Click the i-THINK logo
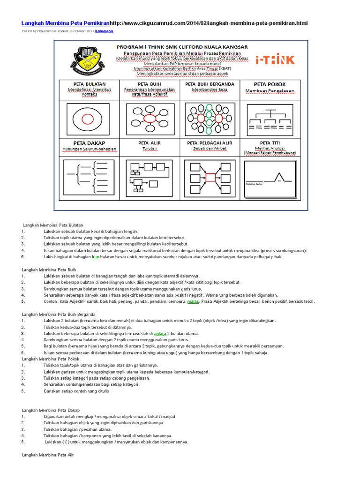[275, 60]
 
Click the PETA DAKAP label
[89, 142]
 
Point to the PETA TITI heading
[270, 142]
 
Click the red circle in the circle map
[89, 117]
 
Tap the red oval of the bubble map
[150, 117]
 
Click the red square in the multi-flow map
[210, 177]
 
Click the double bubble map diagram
[210, 118]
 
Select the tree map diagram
[270, 120]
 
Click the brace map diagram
[90, 177]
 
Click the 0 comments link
[104, 31]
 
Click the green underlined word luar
[96, 257]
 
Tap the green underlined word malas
[193, 301]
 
